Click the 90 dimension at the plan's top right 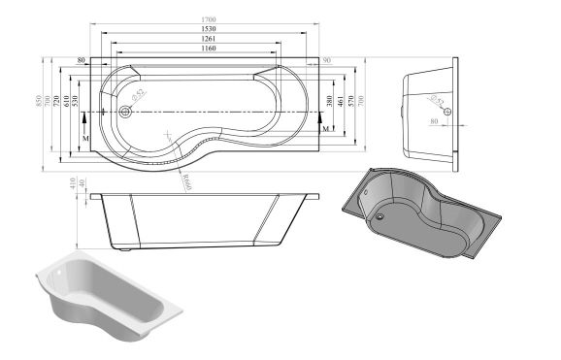click(x=326, y=61)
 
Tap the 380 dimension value click(x=331, y=101)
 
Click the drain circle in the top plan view click(x=125, y=112)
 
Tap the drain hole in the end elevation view click(x=446, y=111)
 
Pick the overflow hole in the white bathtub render click(x=60, y=278)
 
